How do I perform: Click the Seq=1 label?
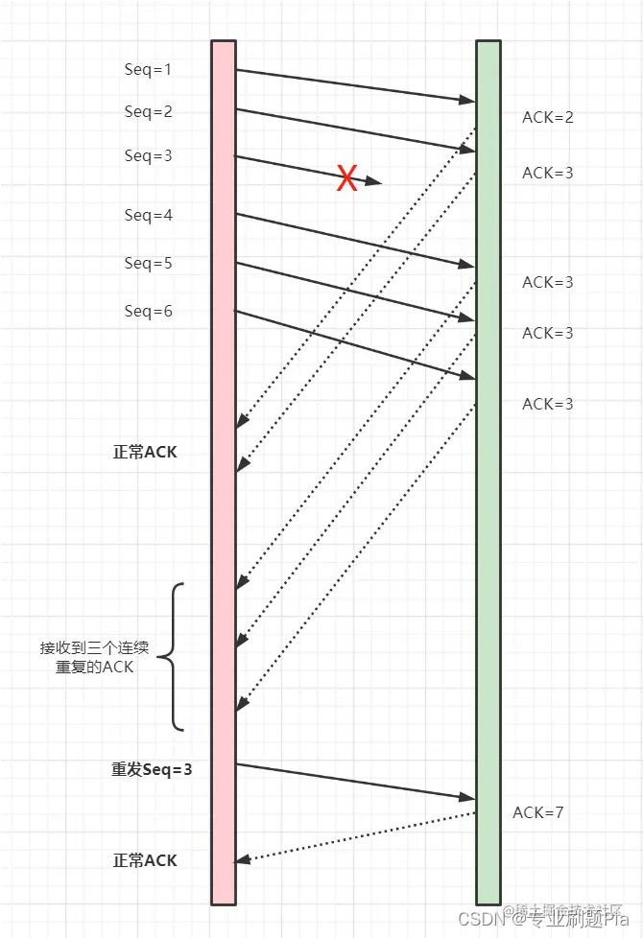[x=148, y=69]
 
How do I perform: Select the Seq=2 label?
[x=148, y=112]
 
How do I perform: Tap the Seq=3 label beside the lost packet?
[x=148, y=155]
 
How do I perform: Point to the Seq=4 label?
[x=148, y=216]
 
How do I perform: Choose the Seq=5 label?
[x=148, y=263]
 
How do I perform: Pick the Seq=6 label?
[x=148, y=311]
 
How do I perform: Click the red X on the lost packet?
[x=346, y=177]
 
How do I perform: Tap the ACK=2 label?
[x=547, y=118]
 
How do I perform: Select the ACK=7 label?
[x=537, y=813]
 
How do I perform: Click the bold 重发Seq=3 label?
[x=152, y=769]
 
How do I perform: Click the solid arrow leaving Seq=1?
[x=355, y=84]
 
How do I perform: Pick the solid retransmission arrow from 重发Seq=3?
[x=355, y=781]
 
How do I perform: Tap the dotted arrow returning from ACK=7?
[x=355, y=836]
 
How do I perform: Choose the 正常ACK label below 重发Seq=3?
[x=145, y=860]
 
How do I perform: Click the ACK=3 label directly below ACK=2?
[x=547, y=174]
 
